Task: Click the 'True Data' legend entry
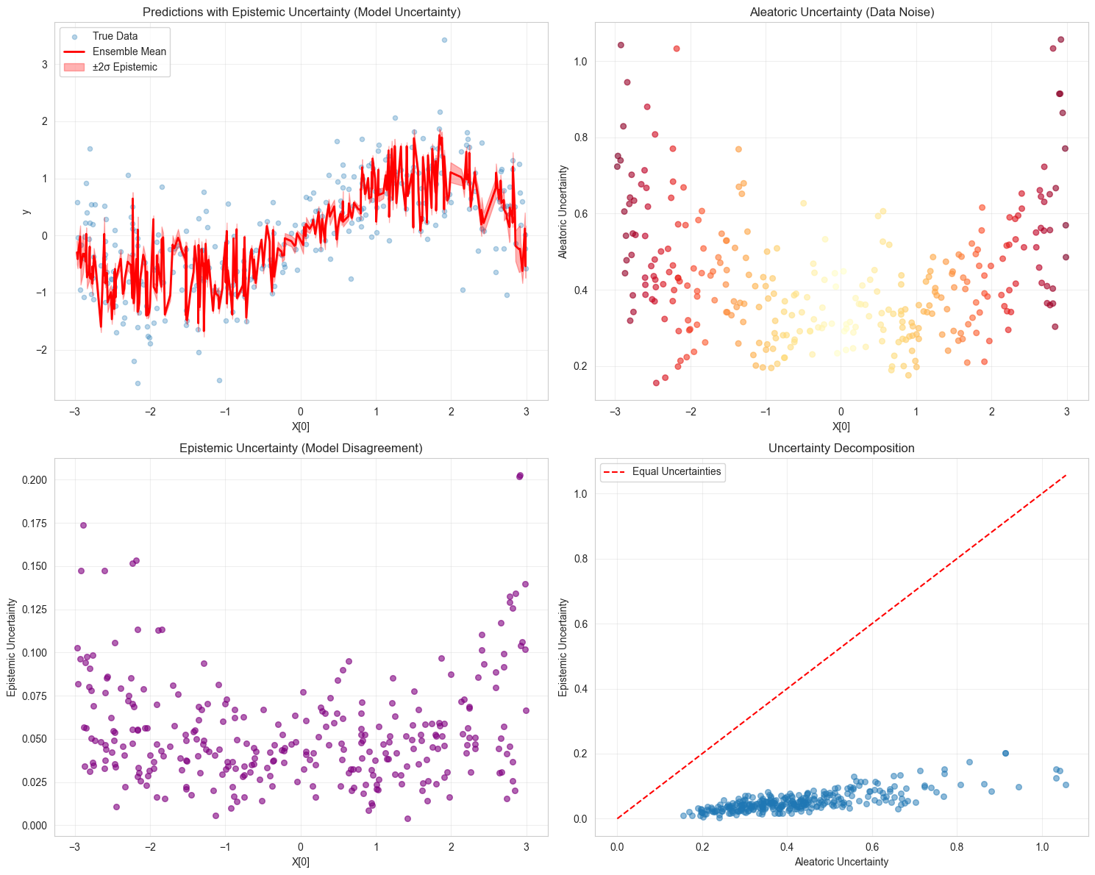click(x=115, y=36)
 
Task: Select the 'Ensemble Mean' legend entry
click(x=129, y=51)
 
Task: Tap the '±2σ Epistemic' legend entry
click(x=130, y=68)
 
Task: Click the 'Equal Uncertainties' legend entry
click(x=676, y=471)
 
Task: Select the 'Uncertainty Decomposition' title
click(x=841, y=448)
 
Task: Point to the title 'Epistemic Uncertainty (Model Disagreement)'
click(x=301, y=448)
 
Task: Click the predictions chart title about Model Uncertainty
click(x=301, y=12)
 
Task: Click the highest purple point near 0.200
click(x=520, y=476)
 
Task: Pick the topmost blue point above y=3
click(x=444, y=40)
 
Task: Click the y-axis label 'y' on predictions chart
click(x=26, y=212)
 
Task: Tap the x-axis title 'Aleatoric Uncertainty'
click(x=841, y=862)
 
